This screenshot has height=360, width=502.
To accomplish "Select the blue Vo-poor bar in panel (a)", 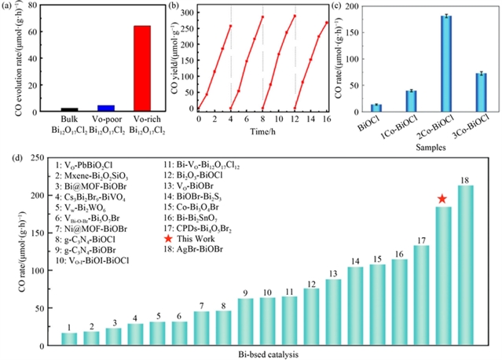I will click(x=106, y=108).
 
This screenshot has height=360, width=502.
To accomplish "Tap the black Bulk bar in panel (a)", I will click(x=69, y=109).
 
